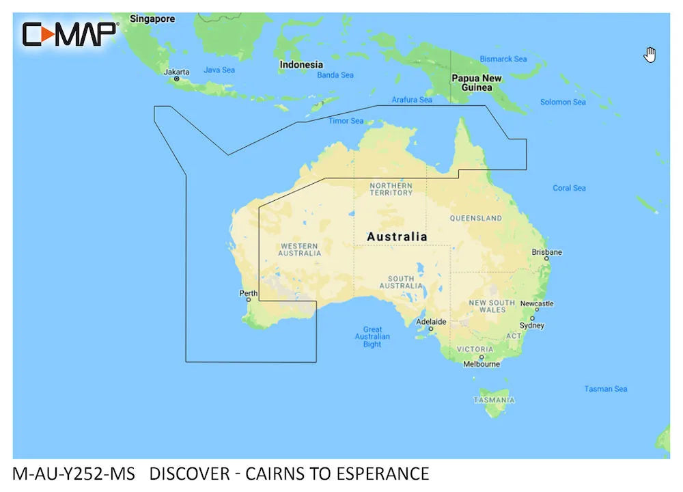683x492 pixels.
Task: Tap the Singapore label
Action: click(x=152, y=19)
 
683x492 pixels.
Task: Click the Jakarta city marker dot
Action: click(x=177, y=79)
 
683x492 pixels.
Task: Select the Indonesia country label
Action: click(x=301, y=65)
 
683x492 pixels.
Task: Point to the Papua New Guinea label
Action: click(x=477, y=83)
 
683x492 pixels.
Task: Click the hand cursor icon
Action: click(x=650, y=55)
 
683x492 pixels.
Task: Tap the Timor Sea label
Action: click(x=346, y=121)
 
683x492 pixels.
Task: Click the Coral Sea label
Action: click(x=569, y=188)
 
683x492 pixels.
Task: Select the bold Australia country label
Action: click(x=397, y=237)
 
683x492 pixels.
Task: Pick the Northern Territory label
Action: click(x=391, y=189)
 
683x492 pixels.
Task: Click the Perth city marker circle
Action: click(x=249, y=299)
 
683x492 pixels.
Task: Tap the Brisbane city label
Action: click(x=547, y=252)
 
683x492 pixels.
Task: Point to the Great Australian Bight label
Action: click(x=372, y=337)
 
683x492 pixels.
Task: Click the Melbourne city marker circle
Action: click(x=482, y=357)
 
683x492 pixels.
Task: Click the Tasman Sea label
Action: click(x=605, y=389)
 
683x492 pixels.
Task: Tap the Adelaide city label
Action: click(x=431, y=321)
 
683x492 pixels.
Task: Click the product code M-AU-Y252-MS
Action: click(x=74, y=474)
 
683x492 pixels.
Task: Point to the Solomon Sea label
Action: click(x=563, y=102)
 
